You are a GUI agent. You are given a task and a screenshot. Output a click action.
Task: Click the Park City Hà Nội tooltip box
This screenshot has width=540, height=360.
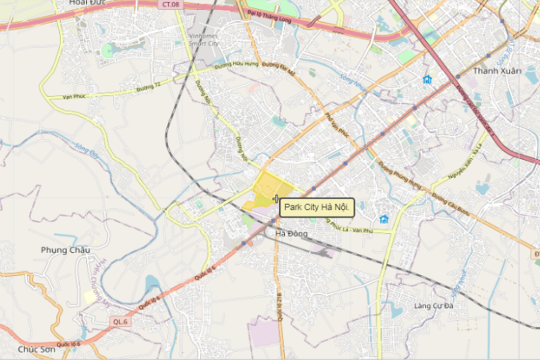[316, 207]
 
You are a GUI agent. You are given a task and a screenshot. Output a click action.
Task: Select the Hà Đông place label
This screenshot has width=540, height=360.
[292, 234]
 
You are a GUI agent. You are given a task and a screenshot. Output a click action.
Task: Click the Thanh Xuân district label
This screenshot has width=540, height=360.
[496, 70]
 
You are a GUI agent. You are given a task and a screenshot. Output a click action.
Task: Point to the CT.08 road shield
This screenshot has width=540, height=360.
[171, 4]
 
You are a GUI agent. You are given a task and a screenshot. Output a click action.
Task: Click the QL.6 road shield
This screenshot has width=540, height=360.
[120, 321]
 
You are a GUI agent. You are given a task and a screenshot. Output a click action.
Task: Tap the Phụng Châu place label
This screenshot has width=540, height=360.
[65, 250]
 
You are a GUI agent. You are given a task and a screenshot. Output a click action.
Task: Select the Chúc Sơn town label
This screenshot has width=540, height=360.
[37, 349]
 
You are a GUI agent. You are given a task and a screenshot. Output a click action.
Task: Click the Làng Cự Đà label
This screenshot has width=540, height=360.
[434, 306]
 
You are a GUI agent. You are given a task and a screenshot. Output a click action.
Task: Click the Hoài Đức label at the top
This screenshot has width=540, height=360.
[88, 3]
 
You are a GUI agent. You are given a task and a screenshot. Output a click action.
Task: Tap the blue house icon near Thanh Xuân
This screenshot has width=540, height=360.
[427, 79]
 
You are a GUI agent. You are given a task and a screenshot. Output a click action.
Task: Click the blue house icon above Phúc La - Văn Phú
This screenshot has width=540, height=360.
[384, 219]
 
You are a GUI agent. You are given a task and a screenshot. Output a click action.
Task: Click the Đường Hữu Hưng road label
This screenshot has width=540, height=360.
[235, 64]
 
